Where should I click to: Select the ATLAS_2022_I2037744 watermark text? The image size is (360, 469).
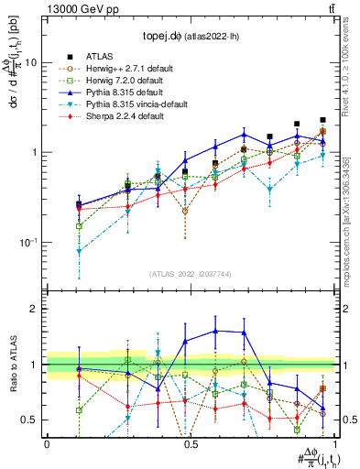tap(190, 274)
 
